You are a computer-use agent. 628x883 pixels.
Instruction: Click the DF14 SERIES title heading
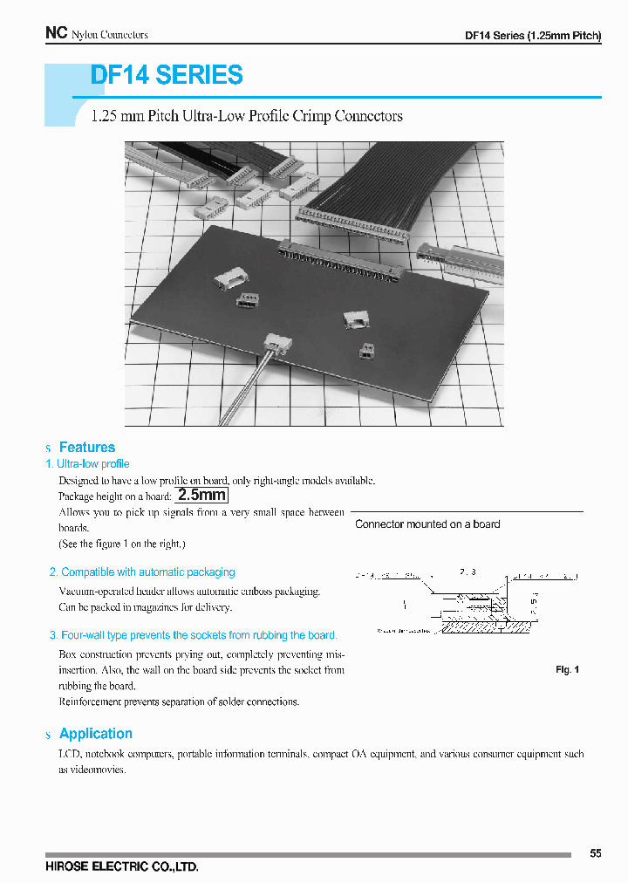tap(167, 76)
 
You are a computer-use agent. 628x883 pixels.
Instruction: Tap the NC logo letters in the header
tap(56, 33)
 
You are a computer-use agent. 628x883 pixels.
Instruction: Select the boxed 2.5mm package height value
tap(202, 496)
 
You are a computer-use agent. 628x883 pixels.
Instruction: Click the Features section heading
tap(86, 448)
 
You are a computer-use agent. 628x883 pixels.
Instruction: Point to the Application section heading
tap(95, 734)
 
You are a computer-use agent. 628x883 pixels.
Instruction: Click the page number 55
tap(595, 853)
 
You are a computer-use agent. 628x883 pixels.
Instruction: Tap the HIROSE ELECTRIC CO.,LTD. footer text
tap(122, 867)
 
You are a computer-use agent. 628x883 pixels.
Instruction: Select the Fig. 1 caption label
tap(567, 670)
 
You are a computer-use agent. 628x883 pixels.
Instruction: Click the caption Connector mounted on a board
tap(427, 524)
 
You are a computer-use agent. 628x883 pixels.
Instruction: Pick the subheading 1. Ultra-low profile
tap(87, 464)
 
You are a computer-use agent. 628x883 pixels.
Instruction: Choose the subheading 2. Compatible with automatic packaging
tap(142, 572)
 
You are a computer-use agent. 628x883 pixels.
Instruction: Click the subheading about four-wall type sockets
tap(193, 635)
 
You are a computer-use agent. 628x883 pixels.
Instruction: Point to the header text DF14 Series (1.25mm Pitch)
tap(533, 36)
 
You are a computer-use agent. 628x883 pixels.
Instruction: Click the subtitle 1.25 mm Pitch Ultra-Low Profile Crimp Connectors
tap(247, 116)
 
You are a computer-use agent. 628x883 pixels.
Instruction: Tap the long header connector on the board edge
tap(339, 259)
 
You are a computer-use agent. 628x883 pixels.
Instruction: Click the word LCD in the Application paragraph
tap(69, 754)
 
